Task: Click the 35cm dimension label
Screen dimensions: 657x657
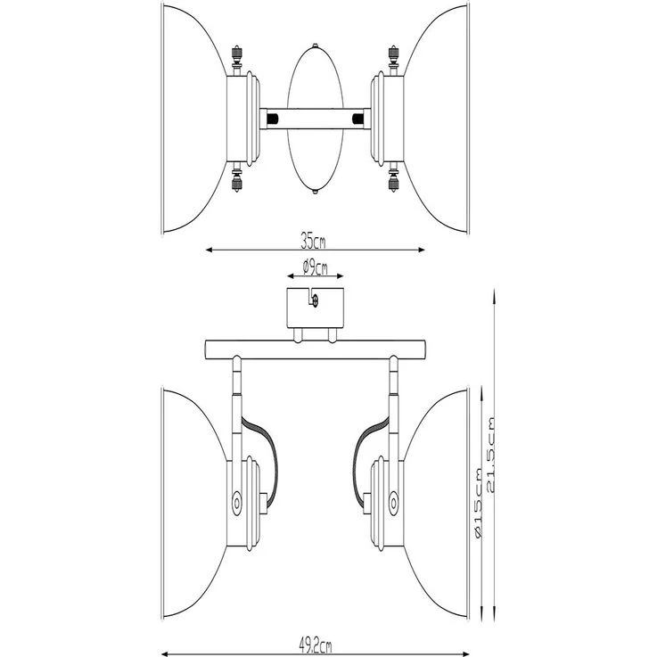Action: pos(313,240)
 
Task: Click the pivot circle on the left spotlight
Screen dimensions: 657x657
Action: pos(238,503)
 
